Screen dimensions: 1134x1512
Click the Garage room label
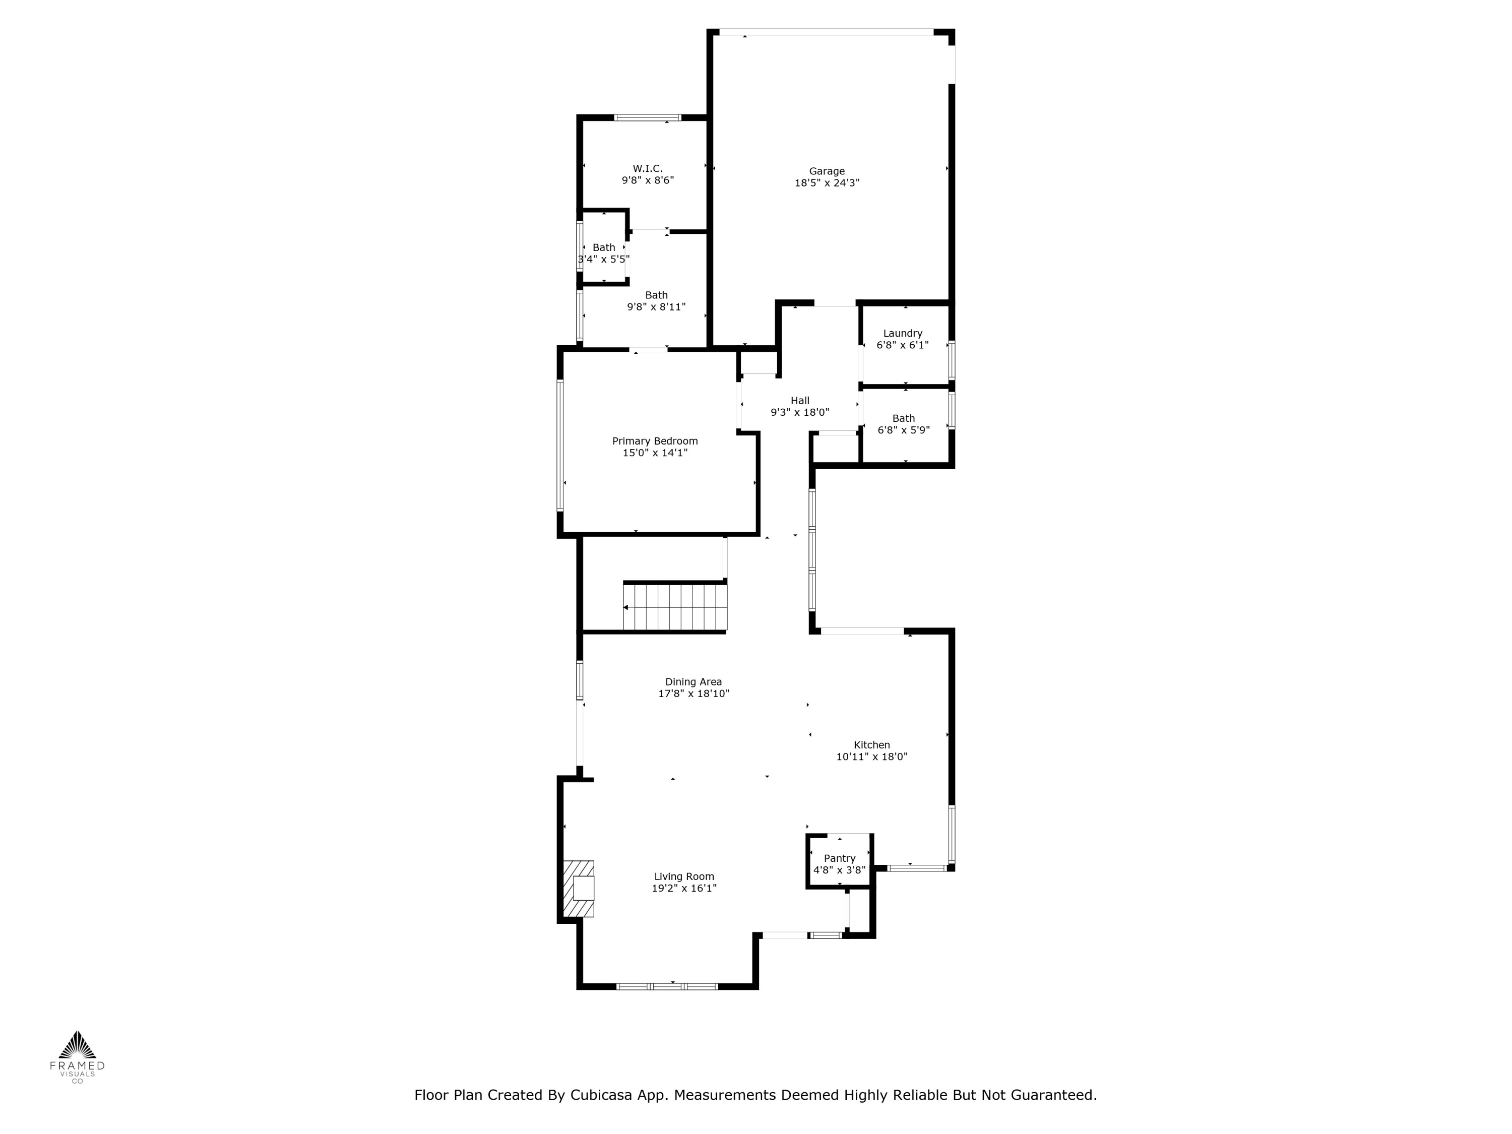(827, 171)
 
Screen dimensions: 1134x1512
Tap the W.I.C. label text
(647, 168)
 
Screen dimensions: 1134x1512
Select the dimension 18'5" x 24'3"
(827, 183)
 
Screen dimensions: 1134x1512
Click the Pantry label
(839, 858)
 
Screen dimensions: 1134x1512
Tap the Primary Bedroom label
(655, 441)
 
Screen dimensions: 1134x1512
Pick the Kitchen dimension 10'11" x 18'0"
(871, 757)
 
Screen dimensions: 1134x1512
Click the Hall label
(800, 401)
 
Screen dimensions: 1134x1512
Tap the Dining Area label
(693, 681)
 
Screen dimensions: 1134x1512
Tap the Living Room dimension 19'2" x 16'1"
(683, 889)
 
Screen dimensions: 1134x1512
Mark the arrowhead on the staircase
(625, 607)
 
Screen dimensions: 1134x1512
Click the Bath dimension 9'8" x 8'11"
(656, 307)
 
